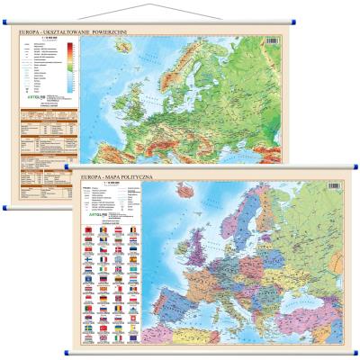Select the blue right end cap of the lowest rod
pos(355,351)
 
